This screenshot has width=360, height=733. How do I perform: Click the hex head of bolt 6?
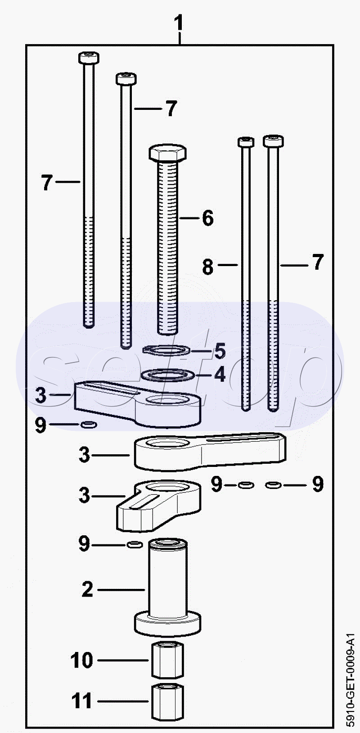(168, 152)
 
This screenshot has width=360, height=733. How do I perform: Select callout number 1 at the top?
(179, 23)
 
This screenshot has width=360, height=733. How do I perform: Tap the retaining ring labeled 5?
(166, 350)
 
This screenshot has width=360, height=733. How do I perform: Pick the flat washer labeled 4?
(167, 375)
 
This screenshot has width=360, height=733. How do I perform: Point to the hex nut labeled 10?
(168, 661)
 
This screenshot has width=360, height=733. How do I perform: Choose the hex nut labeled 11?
(168, 701)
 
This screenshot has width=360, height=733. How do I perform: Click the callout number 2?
(87, 590)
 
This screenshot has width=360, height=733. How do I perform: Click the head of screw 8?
(246, 142)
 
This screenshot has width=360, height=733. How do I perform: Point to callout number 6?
(208, 217)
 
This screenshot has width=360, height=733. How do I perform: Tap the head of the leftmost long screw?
(89, 58)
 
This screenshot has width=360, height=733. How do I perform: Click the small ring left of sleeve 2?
(135, 545)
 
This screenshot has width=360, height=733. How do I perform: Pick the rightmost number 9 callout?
(318, 484)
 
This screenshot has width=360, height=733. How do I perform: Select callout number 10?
(82, 660)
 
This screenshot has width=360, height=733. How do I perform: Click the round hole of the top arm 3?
(163, 400)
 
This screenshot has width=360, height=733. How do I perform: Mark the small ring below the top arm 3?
(89, 425)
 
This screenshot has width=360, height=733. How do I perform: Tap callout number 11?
(82, 701)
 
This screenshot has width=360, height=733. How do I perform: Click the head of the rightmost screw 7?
(273, 141)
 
